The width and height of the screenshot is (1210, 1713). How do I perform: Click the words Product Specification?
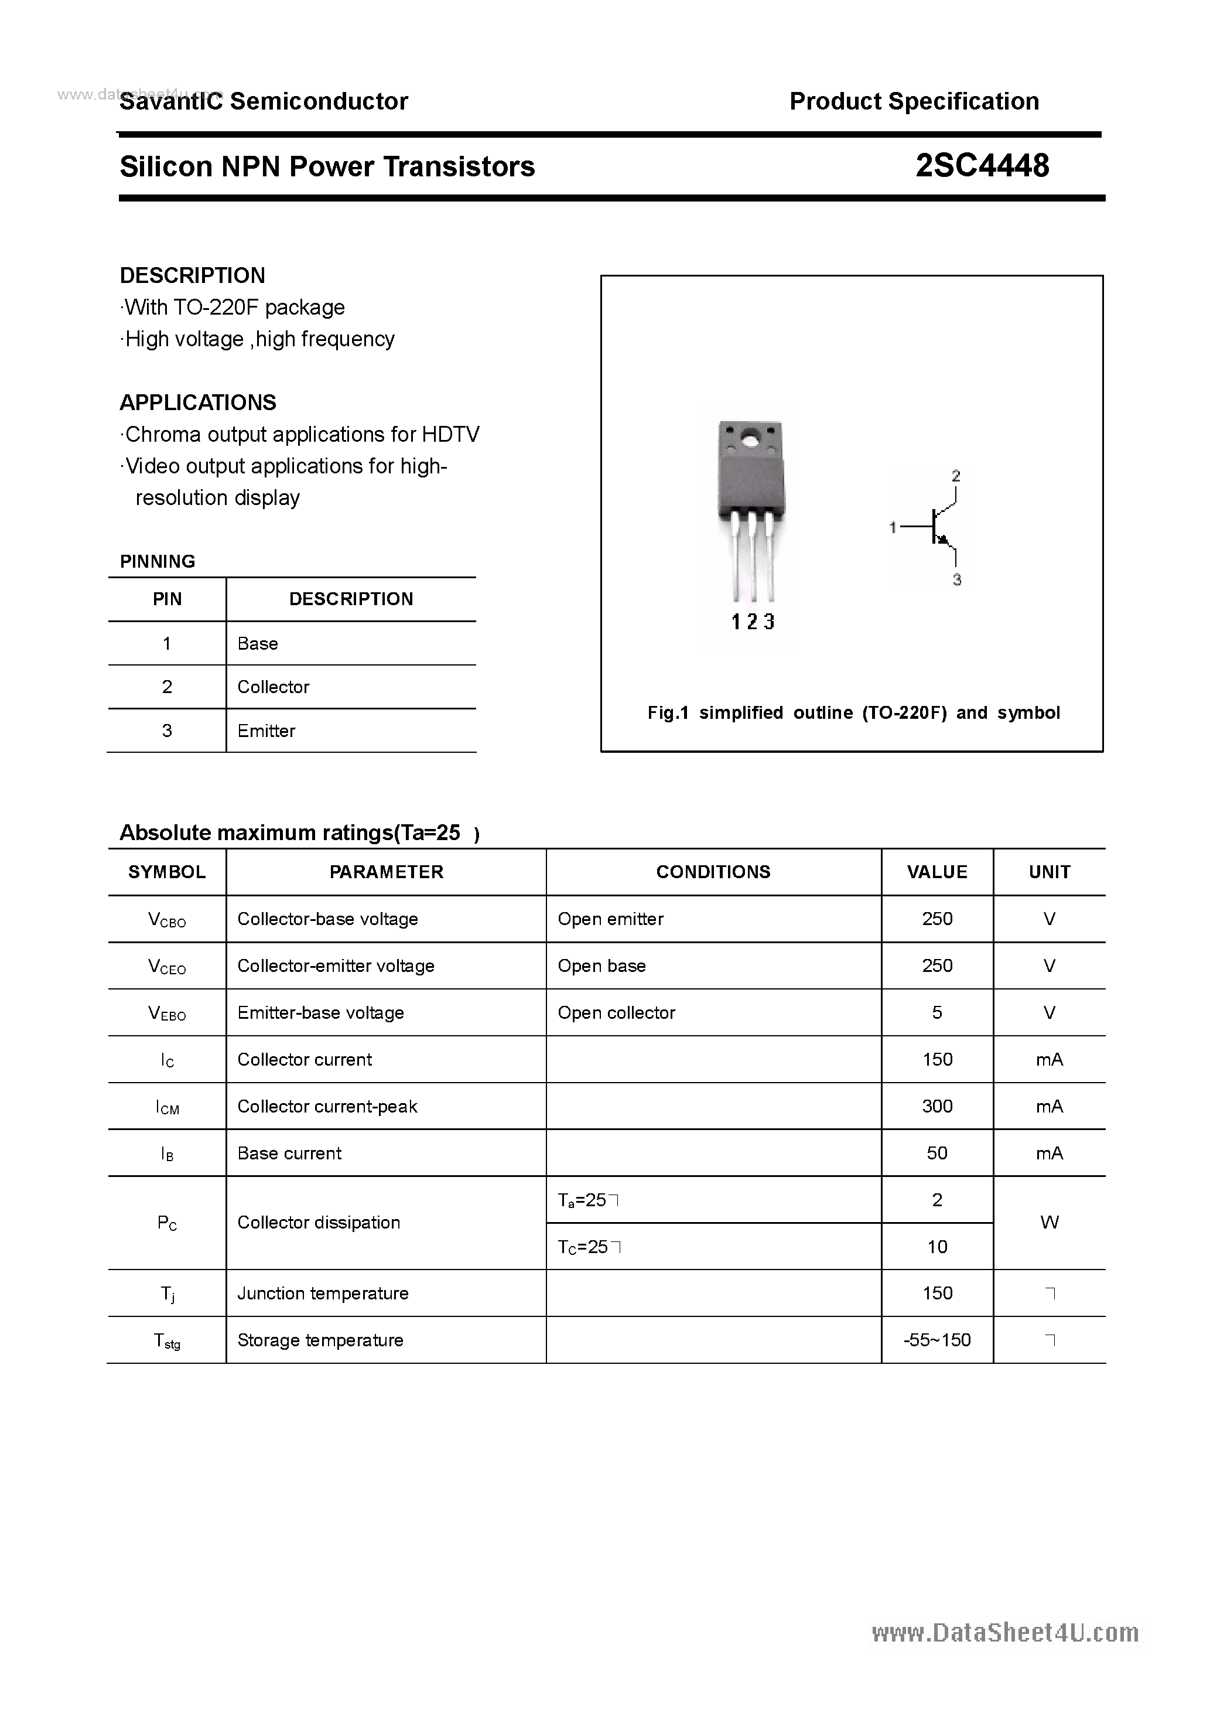[914, 101]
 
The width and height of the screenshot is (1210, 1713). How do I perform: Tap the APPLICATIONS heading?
[198, 403]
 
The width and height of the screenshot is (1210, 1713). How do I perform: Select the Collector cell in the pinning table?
[273, 687]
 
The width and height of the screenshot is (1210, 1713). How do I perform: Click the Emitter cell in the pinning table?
[266, 731]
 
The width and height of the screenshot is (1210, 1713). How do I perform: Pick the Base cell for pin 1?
[257, 644]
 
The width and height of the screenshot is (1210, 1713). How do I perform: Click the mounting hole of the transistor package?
[750, 439]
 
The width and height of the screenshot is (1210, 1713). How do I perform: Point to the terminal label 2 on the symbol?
[956, 475]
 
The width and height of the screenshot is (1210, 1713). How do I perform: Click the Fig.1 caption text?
[853, 713]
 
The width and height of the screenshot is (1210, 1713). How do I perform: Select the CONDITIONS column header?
[713, 872]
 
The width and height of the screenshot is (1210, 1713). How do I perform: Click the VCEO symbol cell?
[167, 967]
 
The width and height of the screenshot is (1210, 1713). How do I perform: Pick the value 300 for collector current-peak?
[937, 1107]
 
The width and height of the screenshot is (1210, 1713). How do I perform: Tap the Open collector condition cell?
[616, 1013]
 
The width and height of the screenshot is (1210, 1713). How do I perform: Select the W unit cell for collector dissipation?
[1049, 1223]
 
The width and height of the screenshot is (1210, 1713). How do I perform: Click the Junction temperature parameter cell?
[323, 1294]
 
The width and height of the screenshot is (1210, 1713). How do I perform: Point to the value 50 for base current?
[937, 1154]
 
